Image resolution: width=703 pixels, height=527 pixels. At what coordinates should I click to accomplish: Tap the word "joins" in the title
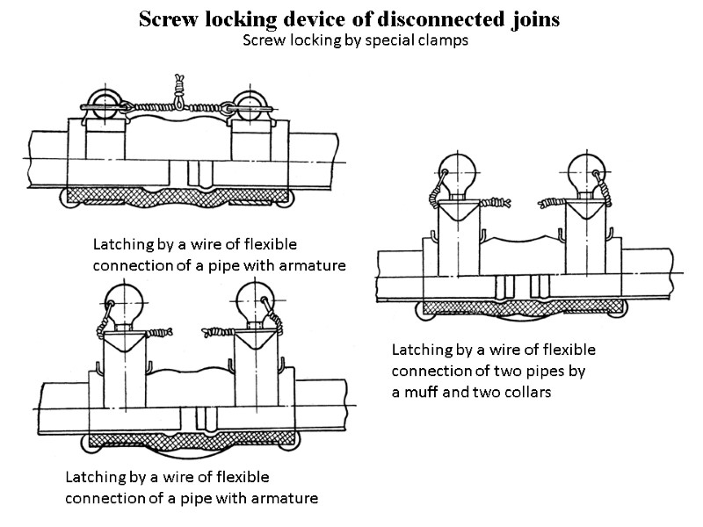click(x=527, y=19)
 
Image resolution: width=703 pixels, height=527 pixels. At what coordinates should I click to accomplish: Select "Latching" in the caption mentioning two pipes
click(x=421, y=349)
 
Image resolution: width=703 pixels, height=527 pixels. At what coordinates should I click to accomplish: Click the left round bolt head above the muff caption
click(x=456, y=170)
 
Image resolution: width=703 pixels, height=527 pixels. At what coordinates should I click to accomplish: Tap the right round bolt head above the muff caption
click(x=585, y=170)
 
